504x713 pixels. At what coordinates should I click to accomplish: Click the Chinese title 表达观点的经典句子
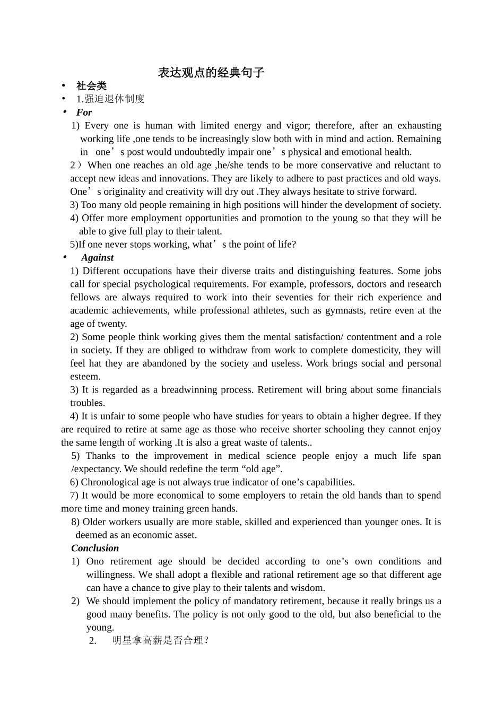[x=211, y=73]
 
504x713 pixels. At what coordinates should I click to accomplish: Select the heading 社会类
[x=91, y=86]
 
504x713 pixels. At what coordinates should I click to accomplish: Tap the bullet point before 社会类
[x=64, y=86]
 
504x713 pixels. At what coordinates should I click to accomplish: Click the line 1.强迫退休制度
[x=110, y=99]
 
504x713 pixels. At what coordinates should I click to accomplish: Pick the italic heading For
[x=84, y=112]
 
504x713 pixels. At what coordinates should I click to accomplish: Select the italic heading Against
[x=97, y=258]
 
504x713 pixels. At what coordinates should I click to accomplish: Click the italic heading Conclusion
[x=95, y=548]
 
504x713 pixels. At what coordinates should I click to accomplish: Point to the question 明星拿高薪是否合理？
[x=161, y=640]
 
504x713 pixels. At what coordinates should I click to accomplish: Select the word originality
[x=123, y=192]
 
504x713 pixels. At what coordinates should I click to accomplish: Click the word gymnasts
[x=346, y=310]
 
